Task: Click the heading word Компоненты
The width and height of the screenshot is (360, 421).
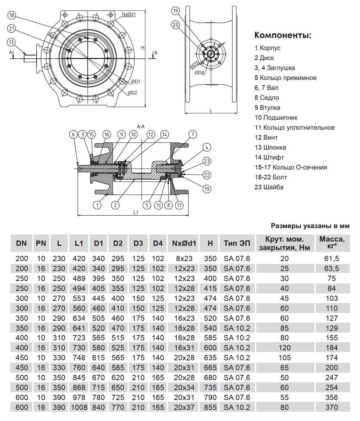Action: pyautogui.click(x=283, y=36)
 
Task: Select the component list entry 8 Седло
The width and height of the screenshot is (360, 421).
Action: pyautogui.click(x=267, y=98)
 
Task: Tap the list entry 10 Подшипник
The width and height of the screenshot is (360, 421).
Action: pyautogui.click(x=276, y=118)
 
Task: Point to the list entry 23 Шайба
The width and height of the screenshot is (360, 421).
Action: pyautogui.click(x=269, y=187)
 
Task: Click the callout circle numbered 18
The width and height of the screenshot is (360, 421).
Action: pyautogui.click(x=12, y=15)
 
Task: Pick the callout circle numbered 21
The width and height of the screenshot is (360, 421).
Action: pyautogui.click(x=12, y=28)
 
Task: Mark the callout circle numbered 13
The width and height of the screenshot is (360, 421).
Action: pyautogui.click(x=12, y=42)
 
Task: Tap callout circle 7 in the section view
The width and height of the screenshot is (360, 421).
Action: pyautogui.click(x=192, y=134)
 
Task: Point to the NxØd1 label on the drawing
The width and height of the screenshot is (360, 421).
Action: pyautogui.click(x=129, y=14)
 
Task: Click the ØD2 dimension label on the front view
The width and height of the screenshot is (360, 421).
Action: pyautogui.click(x=132, y=93)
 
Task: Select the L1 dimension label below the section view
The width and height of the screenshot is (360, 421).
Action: pyautogui.click(x=135, y=212)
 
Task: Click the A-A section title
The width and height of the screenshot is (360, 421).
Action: pyautogui.click(x=141, y=126)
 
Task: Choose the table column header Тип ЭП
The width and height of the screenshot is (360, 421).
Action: pyautogui.click(x=237, y=243)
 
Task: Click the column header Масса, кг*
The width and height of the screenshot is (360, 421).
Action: pyautogui.click(x=331, y=243)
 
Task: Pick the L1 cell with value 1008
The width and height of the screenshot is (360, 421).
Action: pyautogui.click(x=79, y=407)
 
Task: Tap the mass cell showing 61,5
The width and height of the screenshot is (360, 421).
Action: pyautogui.click(x=331, y=259)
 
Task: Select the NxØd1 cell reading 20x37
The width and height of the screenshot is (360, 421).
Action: pyautogui.click(x=185, y=407)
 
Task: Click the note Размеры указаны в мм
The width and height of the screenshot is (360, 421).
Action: pyautogui.click(x=310, y=226)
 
